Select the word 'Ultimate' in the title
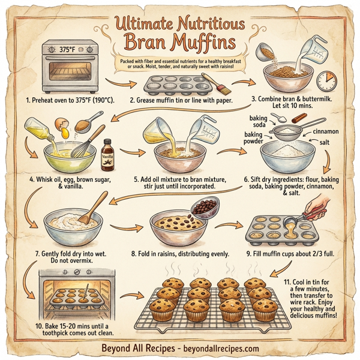(141, 23)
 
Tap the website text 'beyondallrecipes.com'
(224, 348)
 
